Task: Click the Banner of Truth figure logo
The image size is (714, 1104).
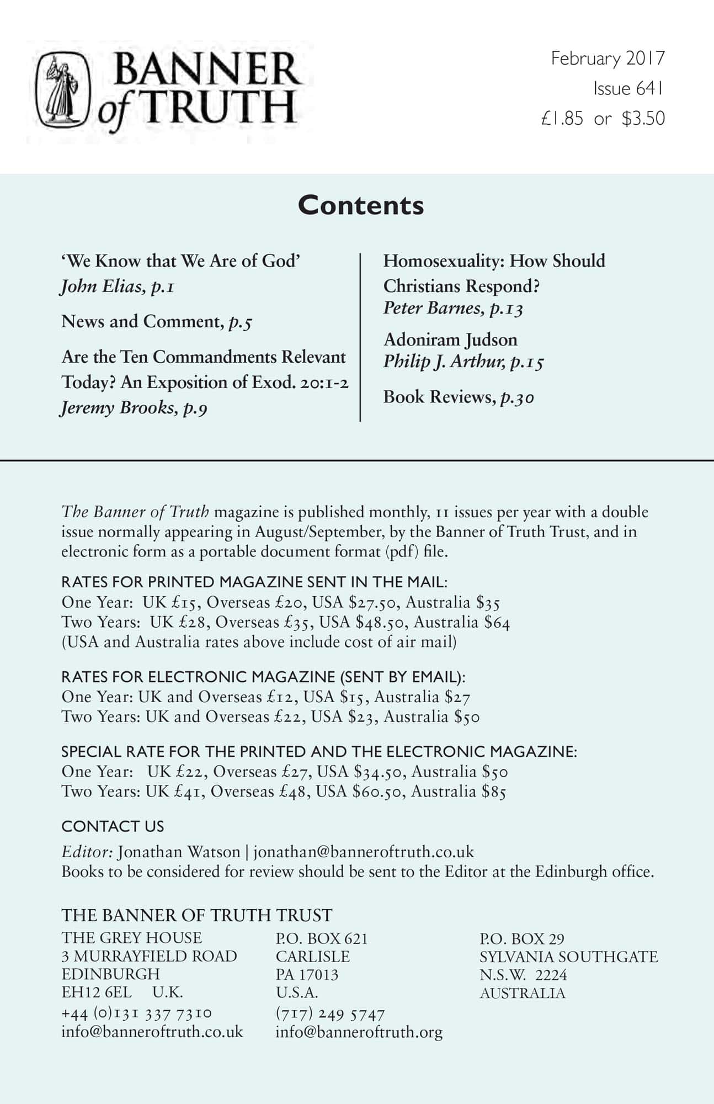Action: pyautogui.click(x=62, y=88)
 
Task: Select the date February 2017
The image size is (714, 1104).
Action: pyautogui.click(x=608, y=59)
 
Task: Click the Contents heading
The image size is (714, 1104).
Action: pyautogui.click(x=361, y=205)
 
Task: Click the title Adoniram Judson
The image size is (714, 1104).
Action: pyautogui.click(x=450, y=339)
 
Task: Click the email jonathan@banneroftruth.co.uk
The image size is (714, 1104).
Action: pyautogui.click(x=364, y=852)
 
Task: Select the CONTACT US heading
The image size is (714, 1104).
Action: pyautogui.click(x=113, y=826)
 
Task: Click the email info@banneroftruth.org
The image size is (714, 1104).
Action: pyautogui.click(x=359, y=1032)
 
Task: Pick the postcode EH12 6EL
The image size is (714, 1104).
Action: pyautogui.click(x=97, y=992)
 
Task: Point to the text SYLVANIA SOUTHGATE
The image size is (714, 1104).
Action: pyautogui.click(x=568, y=957)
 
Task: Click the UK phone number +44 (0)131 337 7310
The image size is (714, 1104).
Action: pyautogui.click(x=136, y=1013)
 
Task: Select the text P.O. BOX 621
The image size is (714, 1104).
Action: pyautogui.click(x=321, y=938)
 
